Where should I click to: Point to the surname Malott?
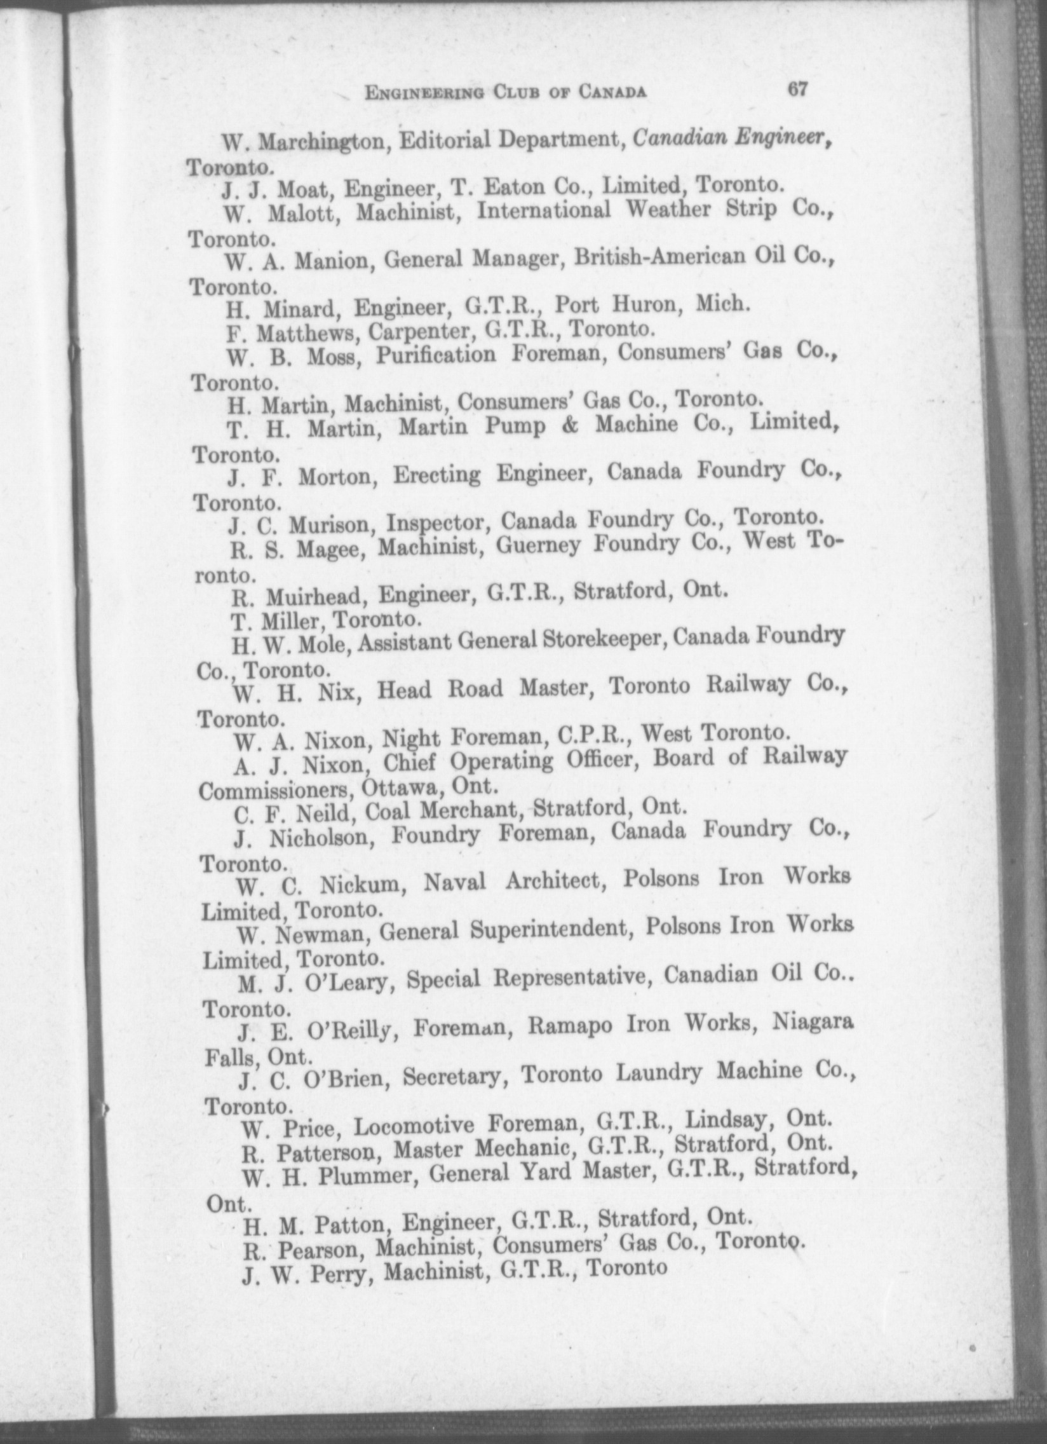pos(305,213)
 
